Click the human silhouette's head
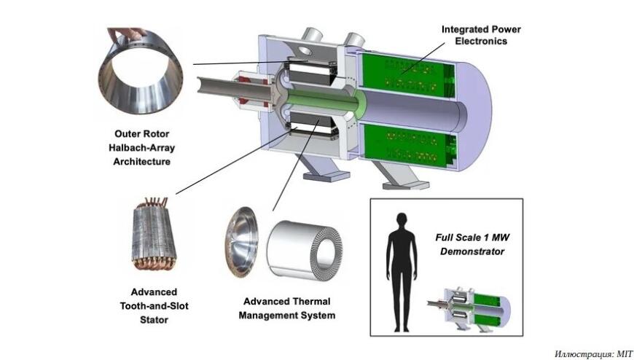[x=401, y=221]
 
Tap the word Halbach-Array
[x=141, y=148]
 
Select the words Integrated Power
[x=481, y=29]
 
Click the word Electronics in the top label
[x=481, y=41]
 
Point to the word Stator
[x=154, y=319]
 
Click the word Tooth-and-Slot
[x=154, y=306]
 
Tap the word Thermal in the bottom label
[x=309, y=302]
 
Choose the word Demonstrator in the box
[x=472, y=251]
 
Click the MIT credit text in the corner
[x=593, y=354]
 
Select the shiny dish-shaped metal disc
[x=241, y=242]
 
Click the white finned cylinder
[x=304, y=249]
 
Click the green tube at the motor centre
[x=324, y=101]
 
